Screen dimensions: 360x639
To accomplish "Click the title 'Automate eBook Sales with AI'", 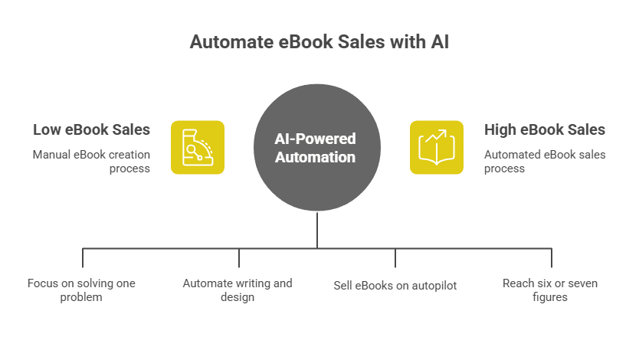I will (x=319, y=41).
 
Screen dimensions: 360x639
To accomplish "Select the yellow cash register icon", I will (x=197, y=147).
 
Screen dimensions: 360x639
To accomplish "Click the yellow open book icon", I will (x=436, y=147).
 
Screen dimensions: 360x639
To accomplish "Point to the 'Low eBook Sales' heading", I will (x=91, y=129).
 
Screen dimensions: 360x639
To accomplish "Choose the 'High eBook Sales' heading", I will (x=545, y=129).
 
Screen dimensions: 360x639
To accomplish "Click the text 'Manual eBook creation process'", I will (x=91, y=161).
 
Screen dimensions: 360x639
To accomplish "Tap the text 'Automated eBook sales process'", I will (x=545, y=161).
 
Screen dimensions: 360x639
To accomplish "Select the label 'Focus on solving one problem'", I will (x=81, y=290).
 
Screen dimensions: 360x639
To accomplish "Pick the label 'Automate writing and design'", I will (x=238, y=290).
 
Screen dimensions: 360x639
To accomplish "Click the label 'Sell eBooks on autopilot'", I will (x=395, y=285).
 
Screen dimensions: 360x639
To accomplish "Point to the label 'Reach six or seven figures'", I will (x=550, y=290).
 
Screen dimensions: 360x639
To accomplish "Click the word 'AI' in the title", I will (x=440, y=41).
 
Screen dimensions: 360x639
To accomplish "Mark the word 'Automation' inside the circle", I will (x=316, y=157).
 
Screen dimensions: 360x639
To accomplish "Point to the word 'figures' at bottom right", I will (x=550, y=297).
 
